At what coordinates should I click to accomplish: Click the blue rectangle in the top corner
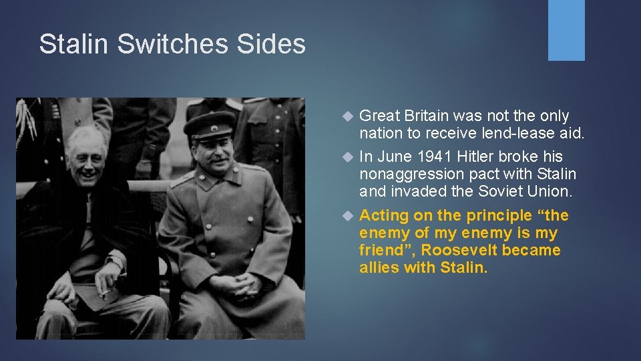(x=566, y=30)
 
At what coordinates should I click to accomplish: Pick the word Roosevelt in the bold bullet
(x=460, y=251)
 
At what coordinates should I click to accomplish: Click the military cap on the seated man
(x=210, y=123)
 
